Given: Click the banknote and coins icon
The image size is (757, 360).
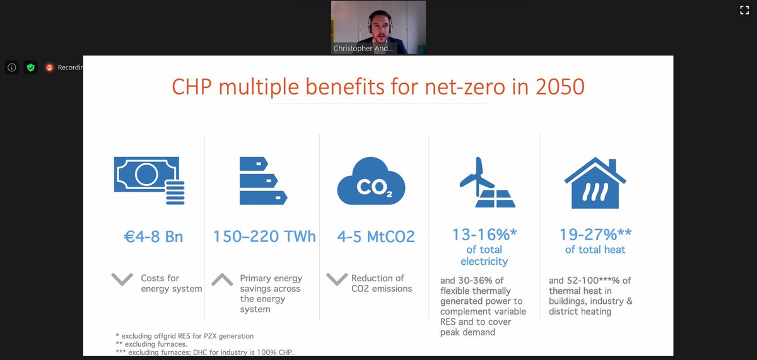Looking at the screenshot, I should tap(149, 182).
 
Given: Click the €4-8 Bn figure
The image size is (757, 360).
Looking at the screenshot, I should tap(153, 238).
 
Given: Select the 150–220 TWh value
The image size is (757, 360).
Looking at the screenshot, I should tap(264, 237).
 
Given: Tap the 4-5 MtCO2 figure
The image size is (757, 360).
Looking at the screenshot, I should tap(376, 237).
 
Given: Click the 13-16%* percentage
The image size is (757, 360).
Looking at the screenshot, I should tap(484, 235).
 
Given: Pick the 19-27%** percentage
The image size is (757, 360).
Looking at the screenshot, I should tap(595, 235).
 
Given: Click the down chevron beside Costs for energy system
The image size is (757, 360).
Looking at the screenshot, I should tap(122, 279).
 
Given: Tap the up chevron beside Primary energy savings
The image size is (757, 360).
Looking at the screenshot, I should tap(222, 279).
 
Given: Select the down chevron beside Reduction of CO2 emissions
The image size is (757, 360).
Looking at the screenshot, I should tap(337, 279).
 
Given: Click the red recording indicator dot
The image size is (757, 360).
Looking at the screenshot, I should tap(49, 67).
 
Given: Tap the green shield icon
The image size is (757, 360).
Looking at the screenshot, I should tap(30, 67).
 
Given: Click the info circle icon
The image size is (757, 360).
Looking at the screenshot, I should tap(11, 67).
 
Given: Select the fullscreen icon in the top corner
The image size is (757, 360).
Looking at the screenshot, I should tap(744, 9).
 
